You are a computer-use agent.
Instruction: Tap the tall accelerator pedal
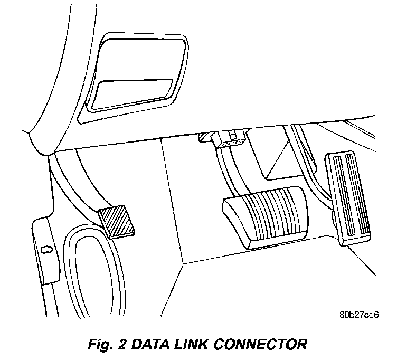point(349,198)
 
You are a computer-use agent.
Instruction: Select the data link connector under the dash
point(230,140)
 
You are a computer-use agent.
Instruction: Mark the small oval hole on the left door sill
point(45,249)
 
